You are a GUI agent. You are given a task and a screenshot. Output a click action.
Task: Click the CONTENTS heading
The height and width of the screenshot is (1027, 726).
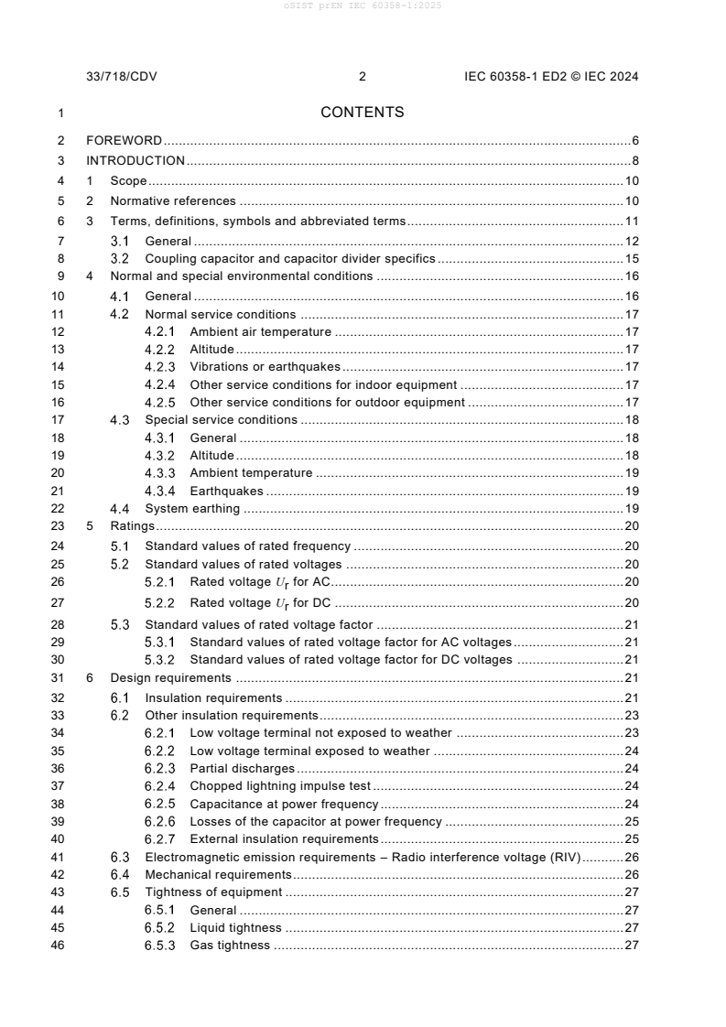[x=363, y=113]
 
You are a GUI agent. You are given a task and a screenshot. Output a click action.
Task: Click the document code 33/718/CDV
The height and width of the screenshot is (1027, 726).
[x=121, y=77]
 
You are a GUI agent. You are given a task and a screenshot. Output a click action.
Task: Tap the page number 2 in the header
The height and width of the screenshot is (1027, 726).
[x=363, y=77]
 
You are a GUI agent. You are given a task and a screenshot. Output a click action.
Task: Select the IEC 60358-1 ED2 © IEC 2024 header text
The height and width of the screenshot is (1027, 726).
[x=551, y=77]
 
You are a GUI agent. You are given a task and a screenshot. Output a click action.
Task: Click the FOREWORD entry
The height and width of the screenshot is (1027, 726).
[x=124, y=141]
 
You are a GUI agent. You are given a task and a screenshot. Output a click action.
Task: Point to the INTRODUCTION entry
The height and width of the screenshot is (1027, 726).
[x=135, y=161]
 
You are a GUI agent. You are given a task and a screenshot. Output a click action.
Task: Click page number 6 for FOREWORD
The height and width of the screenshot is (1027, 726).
[x=634, y=141]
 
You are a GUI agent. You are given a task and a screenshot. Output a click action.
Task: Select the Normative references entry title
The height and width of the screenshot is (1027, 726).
[x=173, y=201]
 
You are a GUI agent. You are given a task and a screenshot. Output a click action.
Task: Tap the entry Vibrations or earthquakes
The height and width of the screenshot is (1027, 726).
[x=251, y=367]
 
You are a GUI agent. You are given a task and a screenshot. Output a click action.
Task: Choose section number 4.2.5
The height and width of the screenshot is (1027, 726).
[x=161, y=403]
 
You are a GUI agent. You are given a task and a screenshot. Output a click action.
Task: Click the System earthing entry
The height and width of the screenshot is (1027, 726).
[x=192, y=509]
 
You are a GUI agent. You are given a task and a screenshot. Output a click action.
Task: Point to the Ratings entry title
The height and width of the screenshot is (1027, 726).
[x=132, y=526]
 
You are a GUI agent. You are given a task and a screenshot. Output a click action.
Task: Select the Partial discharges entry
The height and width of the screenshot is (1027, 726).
[x=242, y=768]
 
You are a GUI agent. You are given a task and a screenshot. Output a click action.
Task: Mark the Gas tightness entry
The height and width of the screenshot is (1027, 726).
[x=230, y=946]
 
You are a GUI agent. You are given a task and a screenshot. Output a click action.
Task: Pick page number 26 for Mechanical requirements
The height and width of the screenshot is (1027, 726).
[x=631, y=875]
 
